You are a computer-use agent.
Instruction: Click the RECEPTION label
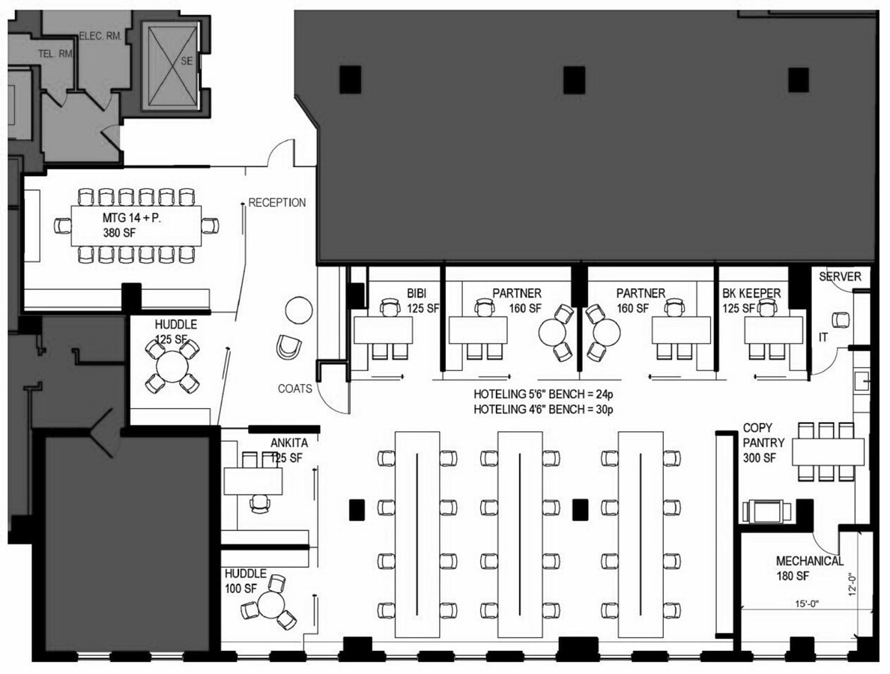(276, 202)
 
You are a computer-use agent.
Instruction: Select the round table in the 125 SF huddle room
(172, 367)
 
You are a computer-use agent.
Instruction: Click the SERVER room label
(840, 277)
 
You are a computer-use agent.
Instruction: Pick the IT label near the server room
(823, 338)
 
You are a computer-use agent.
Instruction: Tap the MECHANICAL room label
(809, 561)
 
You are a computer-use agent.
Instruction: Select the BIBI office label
(417, 294)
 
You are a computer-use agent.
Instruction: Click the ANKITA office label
(288, 443)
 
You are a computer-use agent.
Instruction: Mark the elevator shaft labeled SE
(173, 62)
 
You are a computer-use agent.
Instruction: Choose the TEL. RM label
(55, 53)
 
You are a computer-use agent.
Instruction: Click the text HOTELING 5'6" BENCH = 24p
(543, 394)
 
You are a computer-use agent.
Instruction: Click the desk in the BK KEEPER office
(773, 330)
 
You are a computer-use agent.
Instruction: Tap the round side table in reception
(299, 309)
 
